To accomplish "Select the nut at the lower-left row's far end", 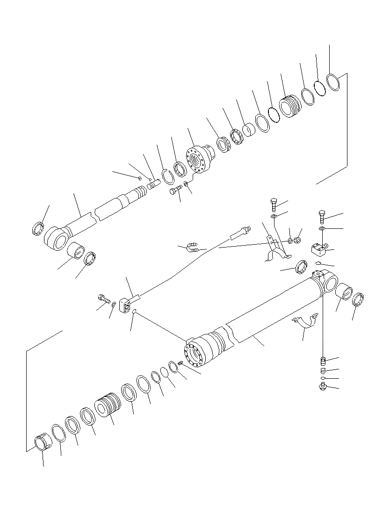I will pos(43,442).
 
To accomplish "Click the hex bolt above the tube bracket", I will pos(274,205).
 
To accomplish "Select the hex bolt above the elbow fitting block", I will pos(322,216).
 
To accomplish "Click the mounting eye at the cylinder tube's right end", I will pos(328,283).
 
